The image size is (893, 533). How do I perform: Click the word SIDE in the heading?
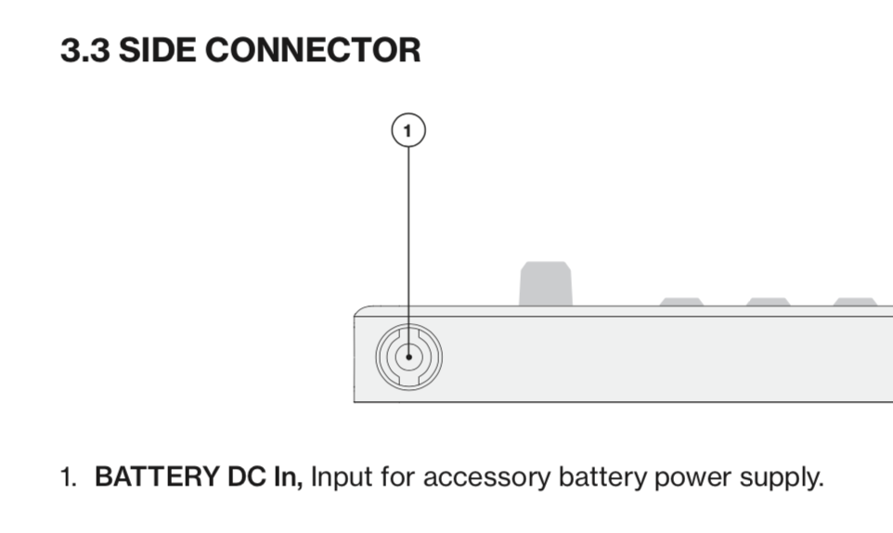[157, 49]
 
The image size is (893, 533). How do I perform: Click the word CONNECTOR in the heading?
[313, 49]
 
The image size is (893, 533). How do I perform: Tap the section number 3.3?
[84, 49]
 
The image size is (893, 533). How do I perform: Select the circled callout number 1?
[408, 130]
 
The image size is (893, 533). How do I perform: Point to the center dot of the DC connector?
[409, 357]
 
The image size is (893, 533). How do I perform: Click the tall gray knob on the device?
[546, 283]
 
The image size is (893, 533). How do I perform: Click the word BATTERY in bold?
[157, 476]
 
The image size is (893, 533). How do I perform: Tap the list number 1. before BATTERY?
[69, 477]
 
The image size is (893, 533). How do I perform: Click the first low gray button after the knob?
[681, 302]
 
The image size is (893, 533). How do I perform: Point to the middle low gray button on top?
[768, 302]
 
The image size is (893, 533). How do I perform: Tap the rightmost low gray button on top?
[855, 302]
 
